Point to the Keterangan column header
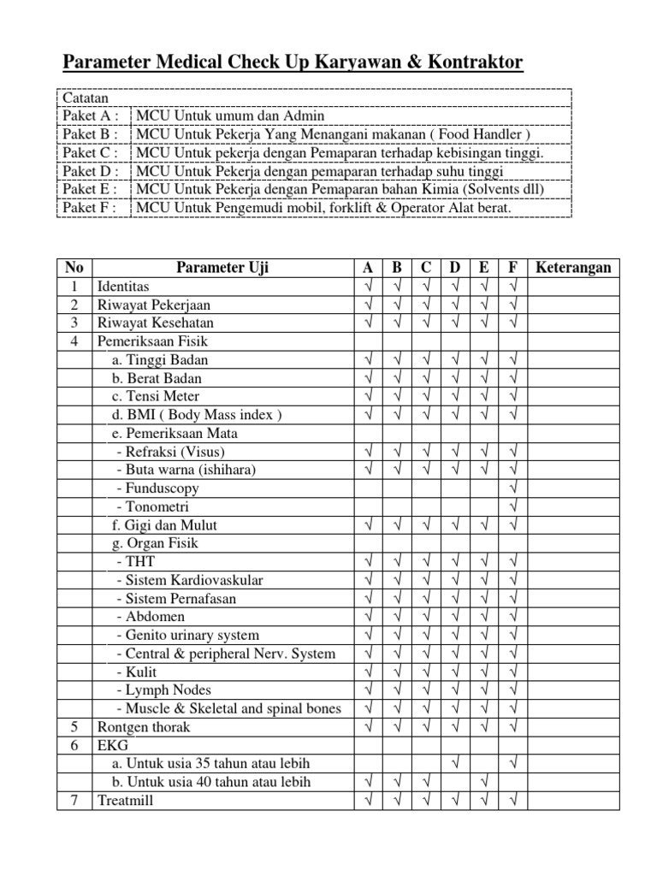(573, 268)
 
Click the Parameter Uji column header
(222, 268)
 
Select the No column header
(74, 268)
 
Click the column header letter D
(454, 268)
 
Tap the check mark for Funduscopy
(513, 488)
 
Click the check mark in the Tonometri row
(513, 506)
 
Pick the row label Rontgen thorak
(144, 727)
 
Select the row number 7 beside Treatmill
(74, 801)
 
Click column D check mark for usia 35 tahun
(454, 763)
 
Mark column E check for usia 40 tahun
(484, 782)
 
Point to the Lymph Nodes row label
(162, 690)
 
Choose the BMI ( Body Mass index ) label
(196, 415)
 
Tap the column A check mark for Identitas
(368, 287)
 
